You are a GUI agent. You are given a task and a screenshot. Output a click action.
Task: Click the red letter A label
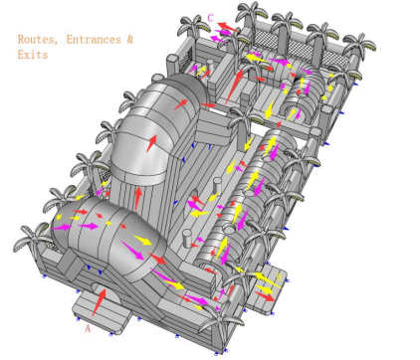pos(88,328)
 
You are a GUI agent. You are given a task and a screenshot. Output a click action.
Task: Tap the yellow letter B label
pos(279,276)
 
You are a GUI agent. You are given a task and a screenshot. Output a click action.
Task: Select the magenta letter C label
pos(210,18)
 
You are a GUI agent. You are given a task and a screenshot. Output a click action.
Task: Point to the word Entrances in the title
pos(94,40)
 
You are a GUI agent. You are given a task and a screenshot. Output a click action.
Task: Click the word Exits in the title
pos(33,55)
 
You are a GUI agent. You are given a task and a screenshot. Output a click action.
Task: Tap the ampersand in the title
pos(130,40)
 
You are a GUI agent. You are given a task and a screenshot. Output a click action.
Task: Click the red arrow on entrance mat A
pos(100,302)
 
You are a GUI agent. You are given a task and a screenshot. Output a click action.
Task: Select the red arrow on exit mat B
pos(265,296)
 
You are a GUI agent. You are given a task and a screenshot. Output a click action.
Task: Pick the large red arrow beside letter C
pos(228,27)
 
